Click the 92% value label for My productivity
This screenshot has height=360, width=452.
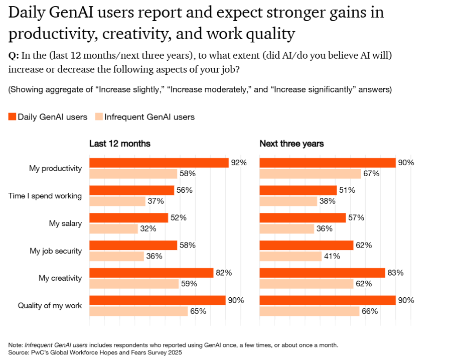(x=239, y=163)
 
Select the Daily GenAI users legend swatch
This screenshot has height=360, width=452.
(x=12, y=117)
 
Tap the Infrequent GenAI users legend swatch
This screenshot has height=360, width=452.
(x=99, y=117)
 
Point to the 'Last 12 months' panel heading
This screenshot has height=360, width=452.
(x=120, y=144)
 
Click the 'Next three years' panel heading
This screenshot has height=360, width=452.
(x=291, y=144)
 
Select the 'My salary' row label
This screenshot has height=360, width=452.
(x=65, y=223)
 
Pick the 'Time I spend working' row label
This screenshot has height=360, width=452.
(x=45, y=196)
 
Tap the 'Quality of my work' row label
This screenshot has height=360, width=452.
(x=50, y=305)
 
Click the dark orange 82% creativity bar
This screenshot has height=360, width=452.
(x=152, y=273)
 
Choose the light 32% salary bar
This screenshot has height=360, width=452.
(x=113, y=228)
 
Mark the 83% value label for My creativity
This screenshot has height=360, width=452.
(x=396, y=273)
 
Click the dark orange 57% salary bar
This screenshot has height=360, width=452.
(x=303, y=218)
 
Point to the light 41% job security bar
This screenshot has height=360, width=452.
(x=290, y=256)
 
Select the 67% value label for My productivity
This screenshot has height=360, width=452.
(x=372, y=174)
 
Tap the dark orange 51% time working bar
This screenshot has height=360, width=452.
(x=298, y=190)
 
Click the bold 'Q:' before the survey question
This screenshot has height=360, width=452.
(x=14, y=56)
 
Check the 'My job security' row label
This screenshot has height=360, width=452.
(x=56, y=251)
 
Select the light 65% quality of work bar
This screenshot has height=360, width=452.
(x=138, y=311)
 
